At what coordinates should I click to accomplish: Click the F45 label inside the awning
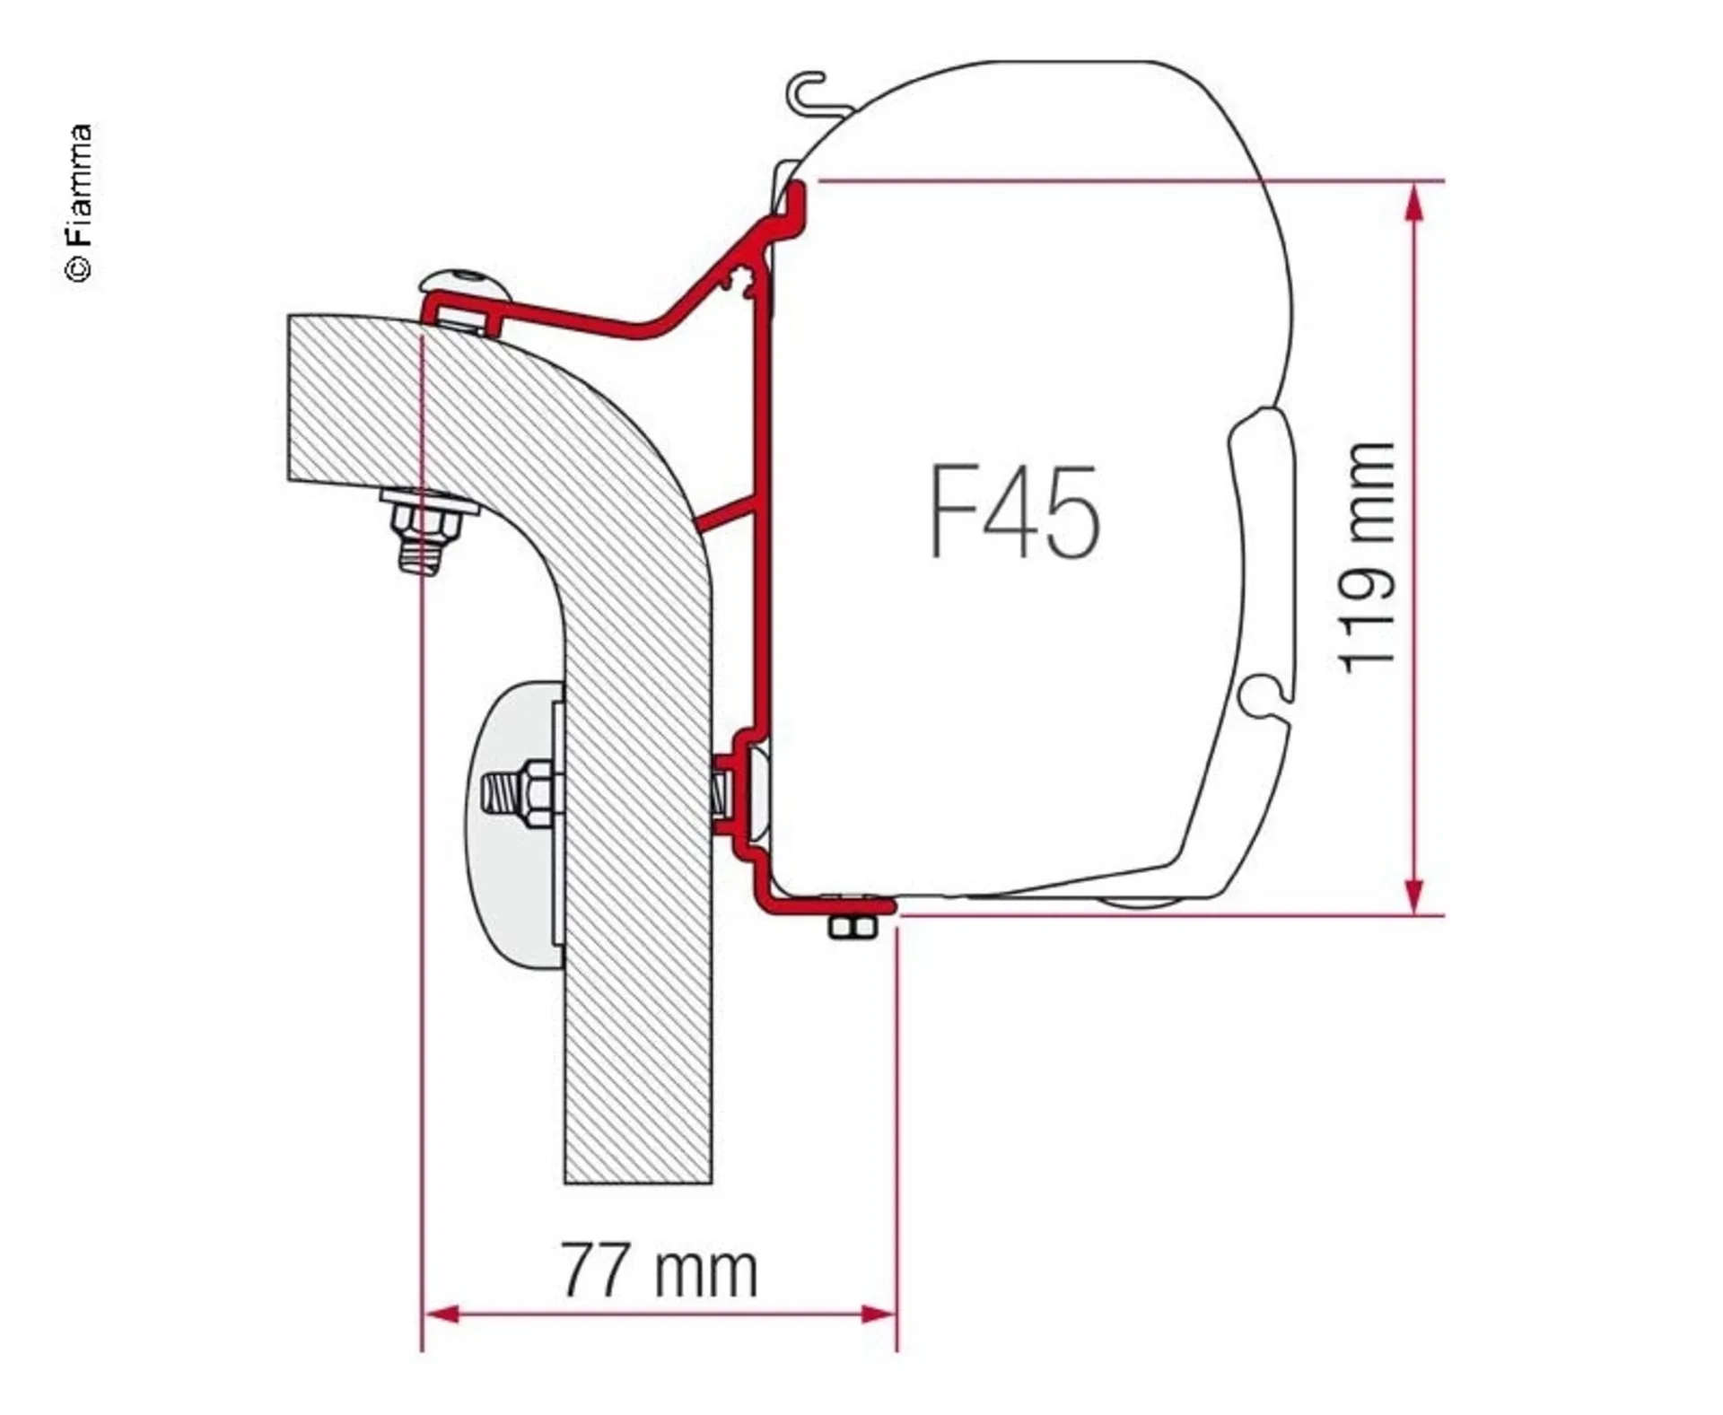(1014, 512)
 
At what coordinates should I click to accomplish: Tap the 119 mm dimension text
(1367, 557)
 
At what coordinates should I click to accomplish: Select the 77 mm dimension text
(660, 1271)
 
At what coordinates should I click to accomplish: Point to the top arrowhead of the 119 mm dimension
(1414, 201)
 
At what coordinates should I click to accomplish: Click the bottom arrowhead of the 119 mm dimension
(1414, 895)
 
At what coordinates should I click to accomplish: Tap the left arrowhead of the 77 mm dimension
(441, 1315)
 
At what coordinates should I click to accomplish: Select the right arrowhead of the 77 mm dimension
(878, 1315)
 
